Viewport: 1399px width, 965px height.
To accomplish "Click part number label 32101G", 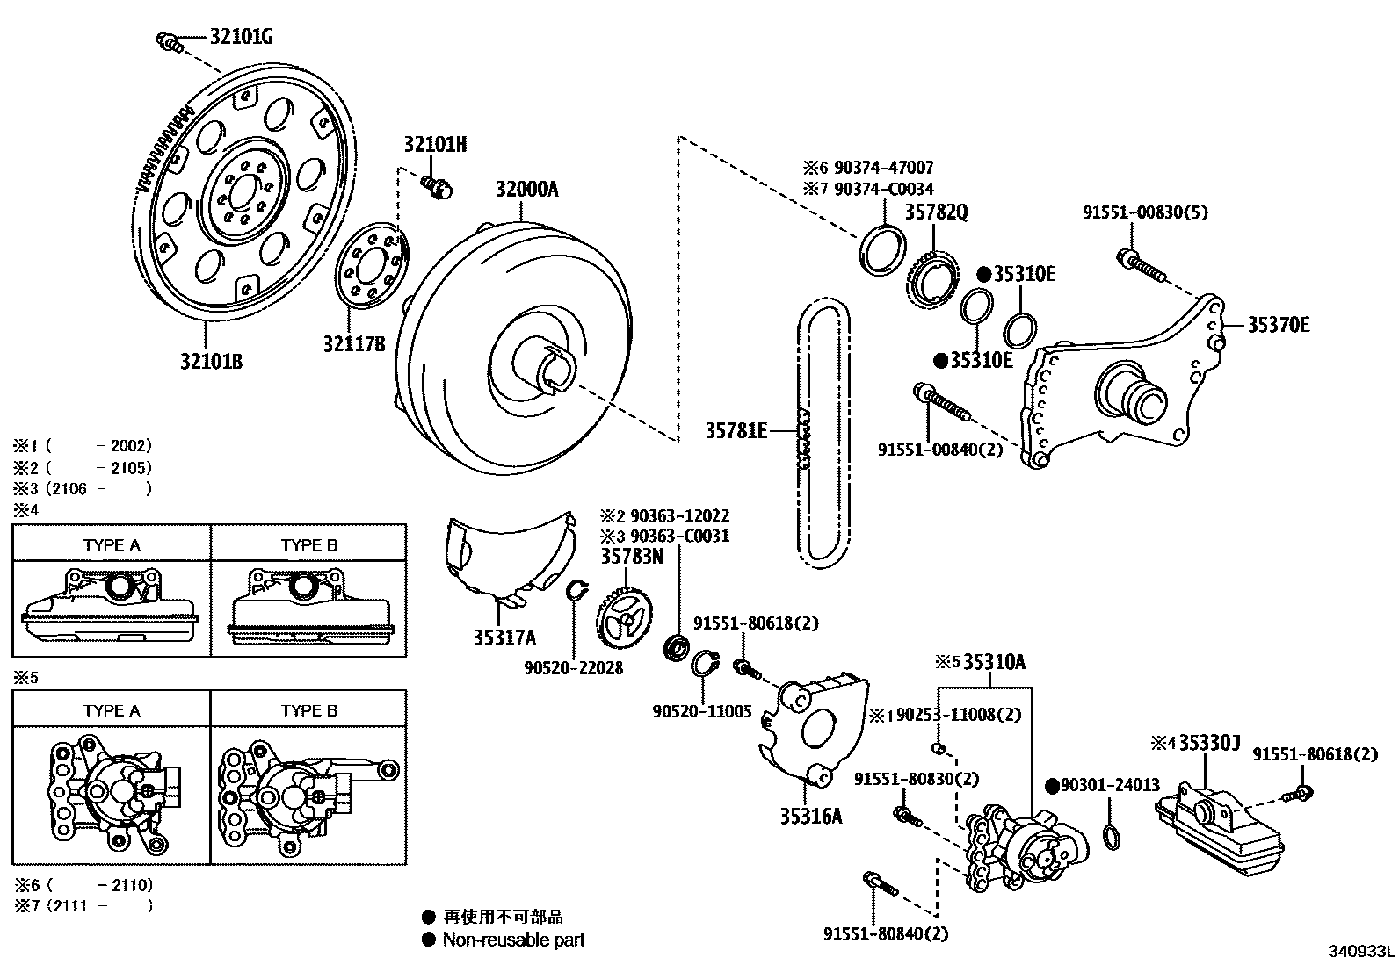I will [241, 37].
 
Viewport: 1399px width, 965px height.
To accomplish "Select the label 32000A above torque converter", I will [526, 190].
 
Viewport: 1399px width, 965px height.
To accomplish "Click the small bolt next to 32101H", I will [435, 185].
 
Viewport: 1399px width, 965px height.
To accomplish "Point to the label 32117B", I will [354, 344].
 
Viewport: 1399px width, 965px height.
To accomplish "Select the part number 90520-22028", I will [573, 668].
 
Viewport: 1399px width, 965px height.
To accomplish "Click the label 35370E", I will [1279, 325].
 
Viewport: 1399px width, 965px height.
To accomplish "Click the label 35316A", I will [810, 817].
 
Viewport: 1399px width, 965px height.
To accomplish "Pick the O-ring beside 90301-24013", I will [1112, 836].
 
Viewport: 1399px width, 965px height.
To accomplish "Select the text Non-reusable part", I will [513, 940].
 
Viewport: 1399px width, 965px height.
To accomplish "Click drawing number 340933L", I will [1360, 952].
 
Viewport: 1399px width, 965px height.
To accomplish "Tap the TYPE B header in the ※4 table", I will [309, 544].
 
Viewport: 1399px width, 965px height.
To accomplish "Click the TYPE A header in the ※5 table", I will [112, 710].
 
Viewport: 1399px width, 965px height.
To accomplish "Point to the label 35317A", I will [504, 638].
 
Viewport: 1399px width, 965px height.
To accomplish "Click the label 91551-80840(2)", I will [886, 934].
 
